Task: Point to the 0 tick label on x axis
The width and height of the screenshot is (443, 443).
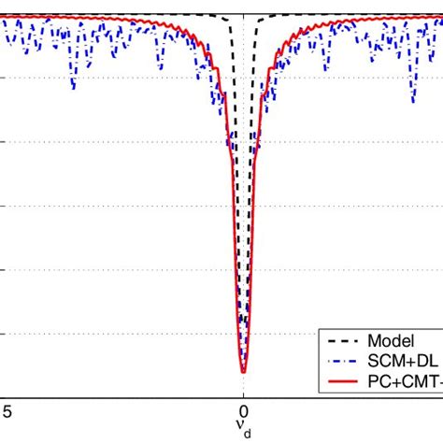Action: (x=243, y=409)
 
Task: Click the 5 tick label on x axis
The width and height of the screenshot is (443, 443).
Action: (x=7, y=409)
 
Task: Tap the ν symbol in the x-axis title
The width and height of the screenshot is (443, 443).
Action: (x=241, y=428)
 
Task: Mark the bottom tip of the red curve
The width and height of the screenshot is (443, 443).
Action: (x=243, y=372)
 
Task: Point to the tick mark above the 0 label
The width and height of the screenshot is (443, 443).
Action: (x=243, y=393)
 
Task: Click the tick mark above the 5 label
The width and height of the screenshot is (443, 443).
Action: (x=7, y=393)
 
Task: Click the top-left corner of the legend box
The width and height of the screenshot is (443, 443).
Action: (x=320, y=330)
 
